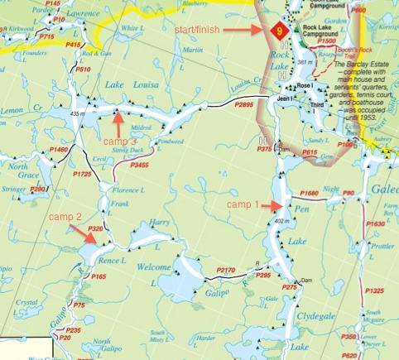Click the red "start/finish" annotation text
click(208, 30)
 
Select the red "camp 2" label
click(65, 217)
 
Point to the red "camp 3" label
click(122, 142)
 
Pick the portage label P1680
click(330, 193)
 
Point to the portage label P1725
click(81, 175)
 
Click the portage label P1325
click(375, 290)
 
